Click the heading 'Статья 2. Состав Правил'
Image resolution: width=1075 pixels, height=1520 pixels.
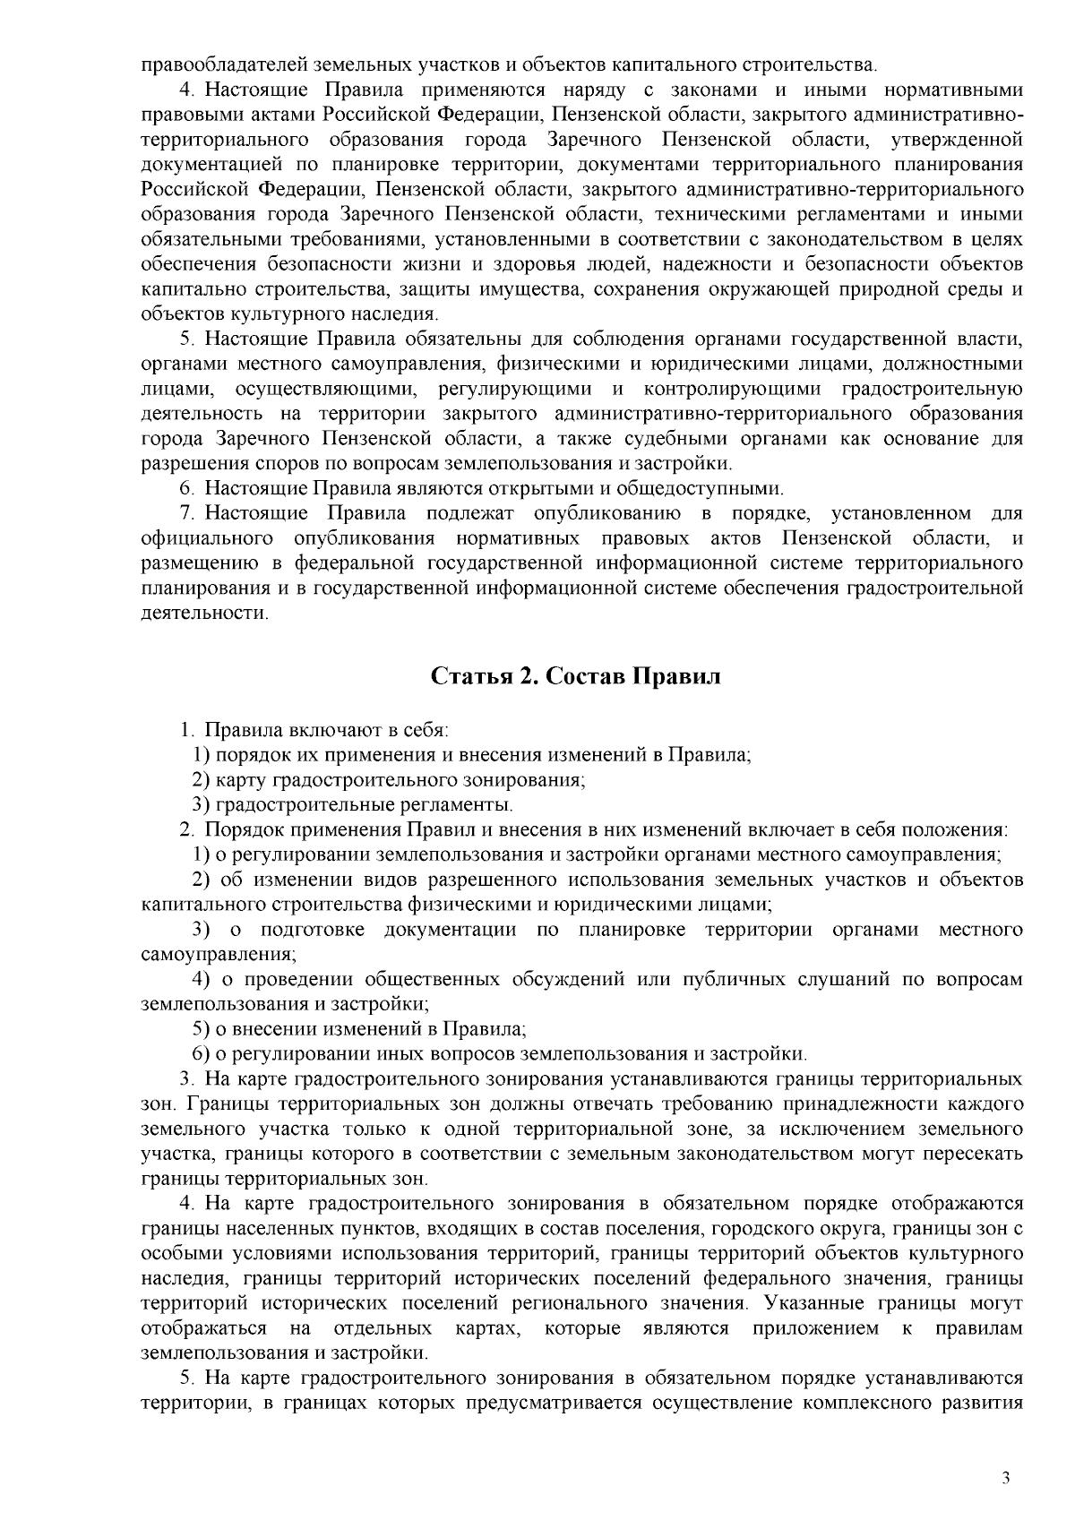(575, 676)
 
